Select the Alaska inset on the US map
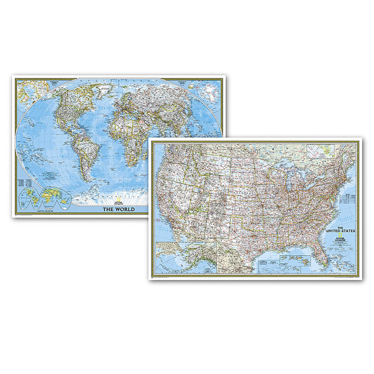click(x=185, y=258)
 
